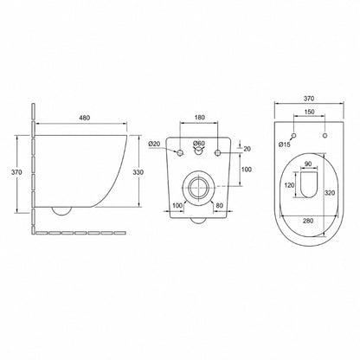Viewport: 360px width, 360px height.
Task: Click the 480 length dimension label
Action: coord(85,118)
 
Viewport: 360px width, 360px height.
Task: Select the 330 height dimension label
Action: coord(138,172)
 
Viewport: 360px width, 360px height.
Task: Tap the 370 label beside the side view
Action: coord(16,172)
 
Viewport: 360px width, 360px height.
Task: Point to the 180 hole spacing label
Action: coord(199,117)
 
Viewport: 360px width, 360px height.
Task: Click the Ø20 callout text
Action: coord(154,144)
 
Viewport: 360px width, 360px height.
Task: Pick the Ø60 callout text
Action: coord(199,143)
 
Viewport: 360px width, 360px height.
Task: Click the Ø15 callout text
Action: coord(285,145)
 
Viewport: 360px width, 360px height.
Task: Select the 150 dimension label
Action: coord(309,112)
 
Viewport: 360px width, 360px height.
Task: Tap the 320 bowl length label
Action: coord(330,192)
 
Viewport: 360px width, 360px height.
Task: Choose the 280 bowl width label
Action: coord(308,221)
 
